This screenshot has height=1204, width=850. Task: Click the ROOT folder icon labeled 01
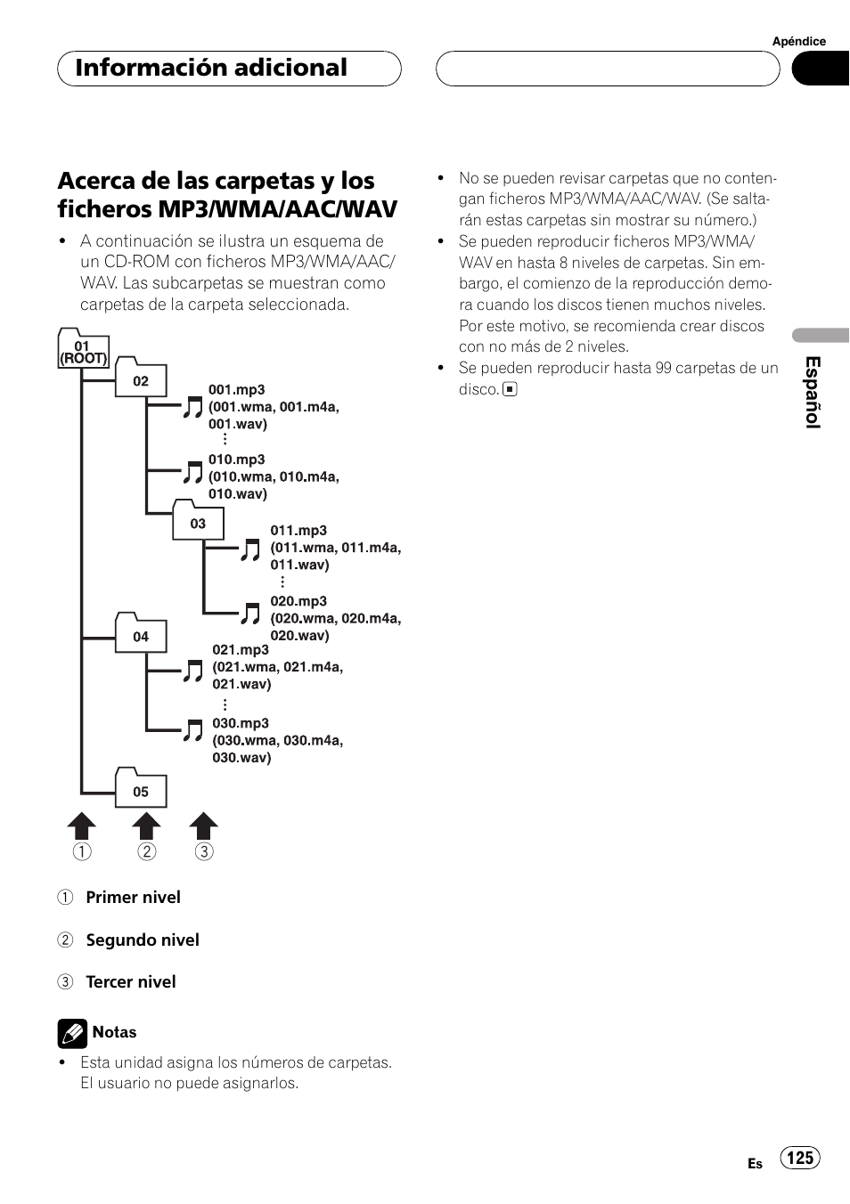pyautogui.click(x=83, y=350)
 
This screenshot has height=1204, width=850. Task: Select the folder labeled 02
pyautogui.click(x=140, y=378)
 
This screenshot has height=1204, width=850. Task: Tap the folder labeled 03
pyautogui.click(x=197, y=521)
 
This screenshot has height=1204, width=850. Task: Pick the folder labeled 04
pyautogui.click(x=140, y=633)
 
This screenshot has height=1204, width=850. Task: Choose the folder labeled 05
pyautogui.click(x=140, y=788)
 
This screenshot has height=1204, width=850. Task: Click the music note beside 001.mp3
pyautogui.click(x=192, y=408)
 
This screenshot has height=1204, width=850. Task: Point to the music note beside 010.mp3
pyautogui.click(x=192, y=472)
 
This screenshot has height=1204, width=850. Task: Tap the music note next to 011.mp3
pyautogui.click(x=250, y=549)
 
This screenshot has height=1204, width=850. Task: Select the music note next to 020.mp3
pyautogui.click(x=250, y=614)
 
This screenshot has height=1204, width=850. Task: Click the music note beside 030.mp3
pyautogui.click(x=192, y=731)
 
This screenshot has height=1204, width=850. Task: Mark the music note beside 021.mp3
pyautogui.click(x=192, y=671)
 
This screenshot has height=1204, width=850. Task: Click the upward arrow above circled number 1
pyautogui.click(x=81, y=826)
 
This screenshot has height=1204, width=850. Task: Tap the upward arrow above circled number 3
pyautogui.click(x=203, y=826)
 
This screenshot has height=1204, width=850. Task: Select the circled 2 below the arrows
pyautogui.click(x=146, y=852)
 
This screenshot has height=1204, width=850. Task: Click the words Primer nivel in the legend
pyautogui.click(x=133, y=898)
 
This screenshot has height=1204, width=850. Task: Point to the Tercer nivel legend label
pyautogui.click(x=130, y=982)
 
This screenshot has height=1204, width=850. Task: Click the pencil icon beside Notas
pyautogui.click(x=72, y=1033)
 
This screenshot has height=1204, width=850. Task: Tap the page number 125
pyautogui.click(x=800, y=1158)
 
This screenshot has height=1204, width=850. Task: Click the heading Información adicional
pyautogui.click(x=211, y=68)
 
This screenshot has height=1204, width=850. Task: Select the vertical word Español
pyautogui.click(x=812, y=393)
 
